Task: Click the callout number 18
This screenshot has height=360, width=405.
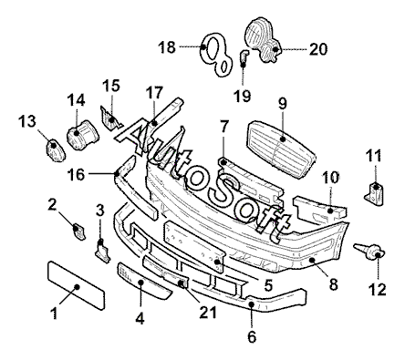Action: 167,47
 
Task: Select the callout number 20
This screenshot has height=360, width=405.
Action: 318,49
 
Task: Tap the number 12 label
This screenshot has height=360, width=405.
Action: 378,289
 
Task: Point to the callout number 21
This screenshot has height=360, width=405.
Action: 208,312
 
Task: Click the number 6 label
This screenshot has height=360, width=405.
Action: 252,336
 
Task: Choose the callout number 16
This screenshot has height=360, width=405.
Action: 76,175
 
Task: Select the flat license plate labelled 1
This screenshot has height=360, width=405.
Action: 76,285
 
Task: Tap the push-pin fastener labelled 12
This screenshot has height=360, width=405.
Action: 369,252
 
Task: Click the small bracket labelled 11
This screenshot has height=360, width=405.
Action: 374,192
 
